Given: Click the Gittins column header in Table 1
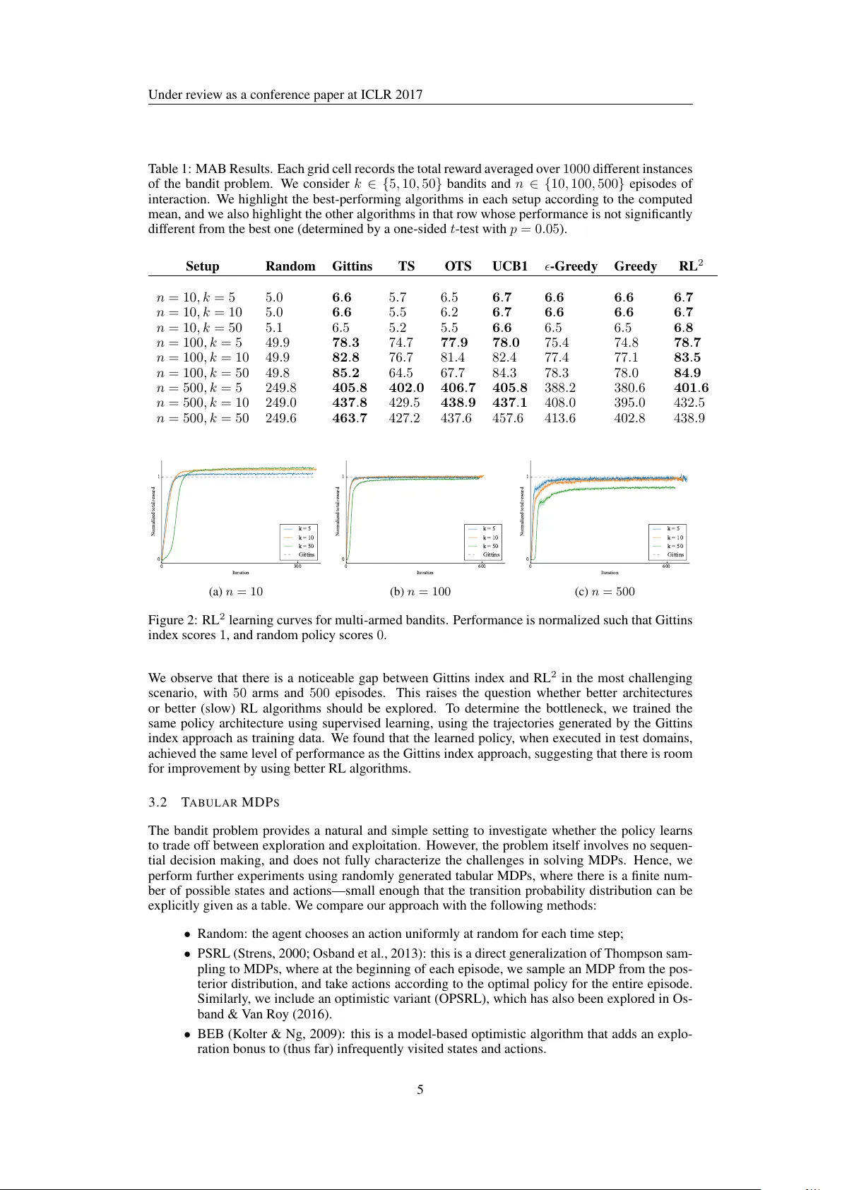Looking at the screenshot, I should point(352,266).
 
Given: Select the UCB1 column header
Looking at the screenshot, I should point(510,266).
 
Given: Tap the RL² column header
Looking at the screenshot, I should point(690,266).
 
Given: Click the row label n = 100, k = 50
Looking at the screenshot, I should point(202,373).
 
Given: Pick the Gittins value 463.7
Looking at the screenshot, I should point(350,418).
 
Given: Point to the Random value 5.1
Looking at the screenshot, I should point(274,328).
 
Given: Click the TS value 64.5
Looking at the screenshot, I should point(401,373).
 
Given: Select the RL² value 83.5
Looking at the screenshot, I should point(687,357).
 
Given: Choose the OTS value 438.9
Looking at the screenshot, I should point(458,403).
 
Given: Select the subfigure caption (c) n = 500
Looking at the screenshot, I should point(605,592).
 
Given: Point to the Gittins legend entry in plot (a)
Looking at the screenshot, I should point(306,554).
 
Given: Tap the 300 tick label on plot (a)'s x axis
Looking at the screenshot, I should point(297,566).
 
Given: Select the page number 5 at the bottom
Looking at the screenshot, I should point(420,1090).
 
